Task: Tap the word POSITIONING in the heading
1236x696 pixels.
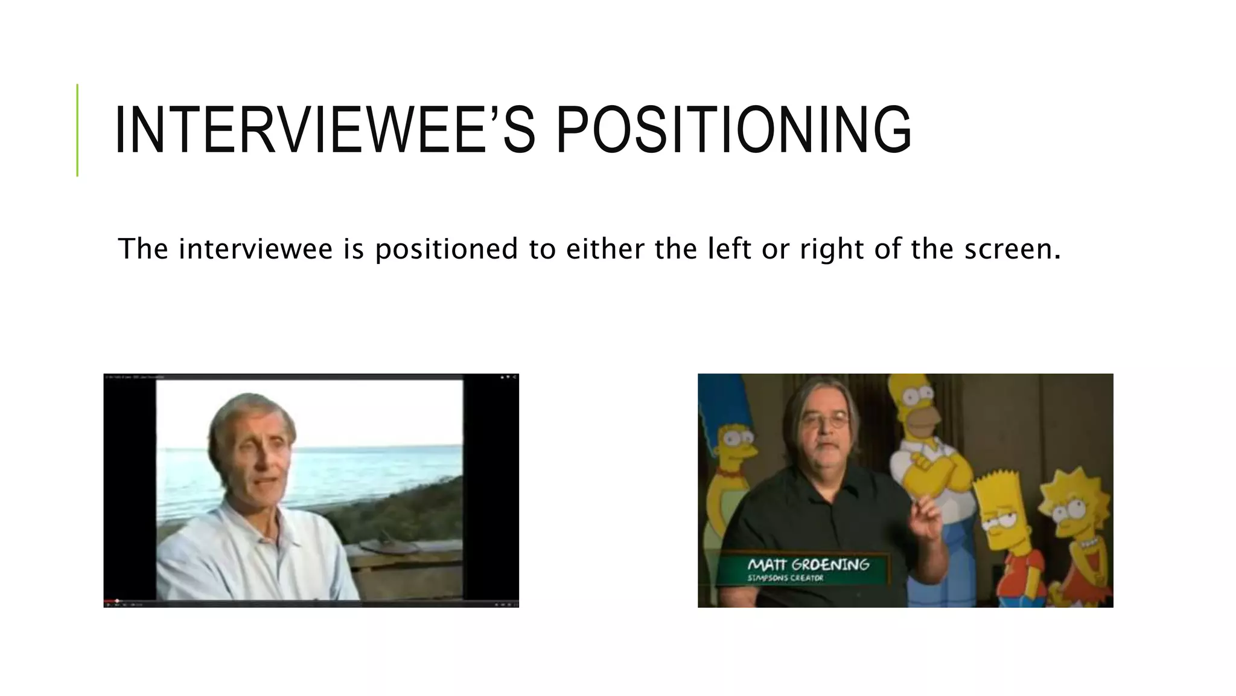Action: coord(733,130)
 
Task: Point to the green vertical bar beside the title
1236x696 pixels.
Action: coord(77,130)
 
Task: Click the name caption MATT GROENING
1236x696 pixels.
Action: coord(808,564)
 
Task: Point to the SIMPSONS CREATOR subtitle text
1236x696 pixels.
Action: coord(785,578)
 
